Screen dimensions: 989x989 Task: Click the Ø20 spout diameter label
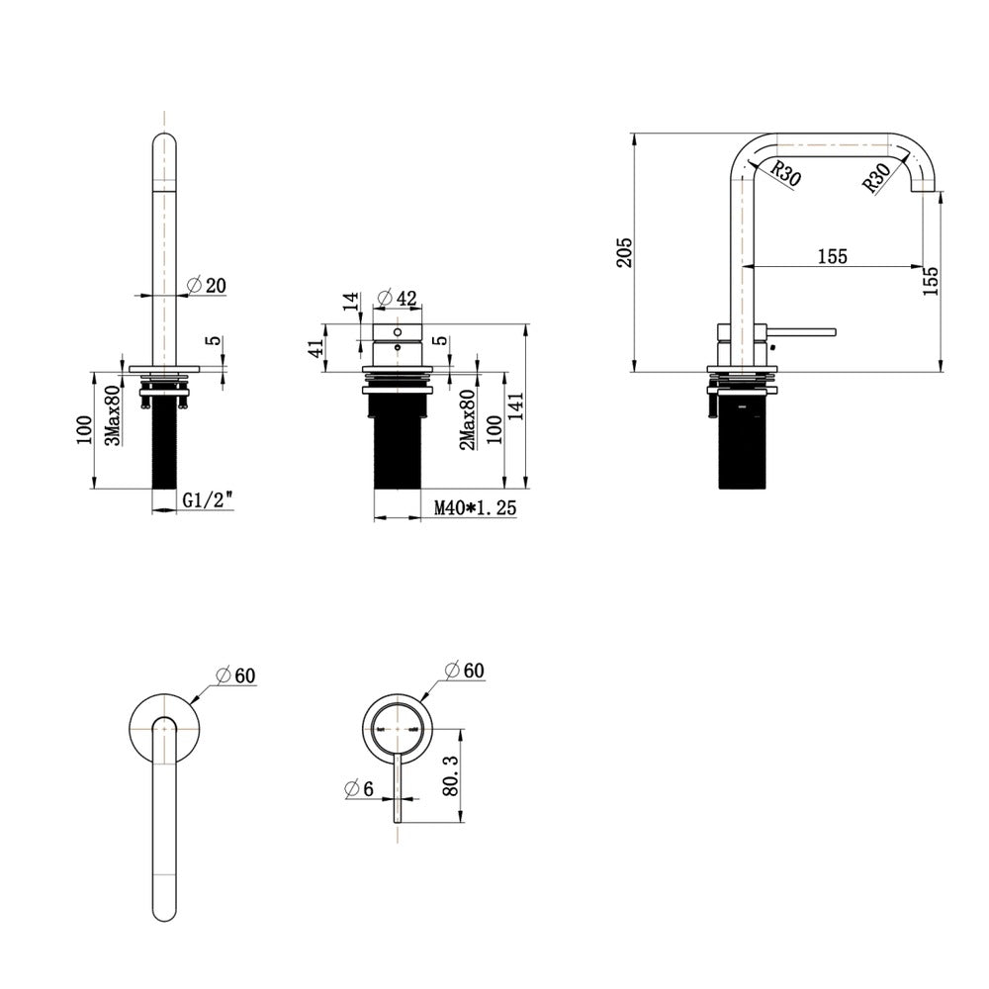(207, 286)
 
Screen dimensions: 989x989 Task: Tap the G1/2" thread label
(208, 500)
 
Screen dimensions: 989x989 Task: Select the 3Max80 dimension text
(113, 415)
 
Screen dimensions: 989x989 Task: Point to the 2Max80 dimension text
(468, 419)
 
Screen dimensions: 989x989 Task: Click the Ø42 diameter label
(397, 298)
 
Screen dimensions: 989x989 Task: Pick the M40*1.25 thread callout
(476, 507)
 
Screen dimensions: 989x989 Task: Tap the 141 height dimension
(515, 406)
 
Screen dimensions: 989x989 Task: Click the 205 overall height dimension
(624, 252)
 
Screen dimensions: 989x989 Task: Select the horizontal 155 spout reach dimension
(833, 256)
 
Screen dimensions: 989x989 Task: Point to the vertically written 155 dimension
(931, 281)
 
